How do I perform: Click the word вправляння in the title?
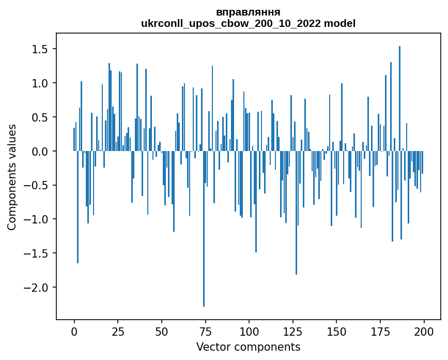248,12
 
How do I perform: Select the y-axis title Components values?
12,177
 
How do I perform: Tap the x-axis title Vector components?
248,347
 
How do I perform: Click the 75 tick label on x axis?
205,331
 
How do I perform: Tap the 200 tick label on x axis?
424,331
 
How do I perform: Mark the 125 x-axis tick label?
292,331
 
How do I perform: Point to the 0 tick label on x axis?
74,331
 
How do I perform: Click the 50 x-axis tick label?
161,331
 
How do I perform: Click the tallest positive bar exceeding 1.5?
399,98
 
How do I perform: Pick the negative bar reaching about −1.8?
296,213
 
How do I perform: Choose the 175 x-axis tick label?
380,331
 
